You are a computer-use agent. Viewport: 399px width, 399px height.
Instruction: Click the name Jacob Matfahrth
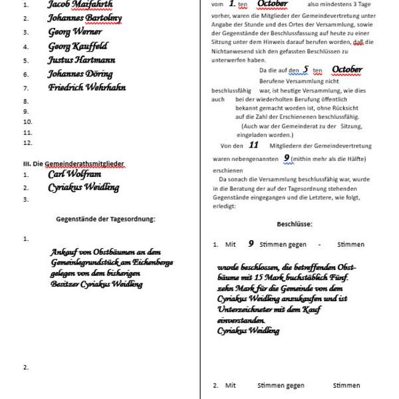(x=80, y=4)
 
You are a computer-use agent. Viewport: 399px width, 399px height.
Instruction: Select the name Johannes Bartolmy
(x=84, y=18)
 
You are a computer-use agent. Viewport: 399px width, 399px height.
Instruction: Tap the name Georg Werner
(x=75, y=32)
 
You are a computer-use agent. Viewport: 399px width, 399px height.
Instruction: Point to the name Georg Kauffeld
(x=77, y=47)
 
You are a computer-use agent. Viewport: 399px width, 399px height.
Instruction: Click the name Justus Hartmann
(x=81, y=61)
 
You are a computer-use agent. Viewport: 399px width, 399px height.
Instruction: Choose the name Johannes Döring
(x=80, y=74)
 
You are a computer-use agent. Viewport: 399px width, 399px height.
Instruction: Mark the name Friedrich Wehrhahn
(x=87, y=88)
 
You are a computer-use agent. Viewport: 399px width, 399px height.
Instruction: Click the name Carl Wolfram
(x=74, y=174)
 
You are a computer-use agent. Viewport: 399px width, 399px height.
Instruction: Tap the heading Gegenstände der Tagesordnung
(x=106, y=219)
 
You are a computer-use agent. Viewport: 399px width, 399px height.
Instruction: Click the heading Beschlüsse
(x=295, y=224)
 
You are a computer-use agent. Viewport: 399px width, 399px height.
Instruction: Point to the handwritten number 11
(x=253, y=144)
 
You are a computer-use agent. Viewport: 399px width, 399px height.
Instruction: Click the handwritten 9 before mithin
(x=287, y=158)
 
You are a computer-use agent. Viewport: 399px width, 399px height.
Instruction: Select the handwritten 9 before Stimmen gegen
(x=251, y=244)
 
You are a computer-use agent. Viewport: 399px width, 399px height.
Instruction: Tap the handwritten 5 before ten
(x=306, y=69)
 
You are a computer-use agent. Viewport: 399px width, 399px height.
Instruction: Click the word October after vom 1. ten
(x=272, y=4)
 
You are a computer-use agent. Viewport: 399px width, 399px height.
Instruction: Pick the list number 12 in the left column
(x=27, y=143)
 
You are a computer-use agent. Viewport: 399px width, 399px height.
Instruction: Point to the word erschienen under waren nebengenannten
(x=228, y=170)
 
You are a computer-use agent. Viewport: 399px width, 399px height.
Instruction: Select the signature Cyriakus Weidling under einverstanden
(x=248, y=331)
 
